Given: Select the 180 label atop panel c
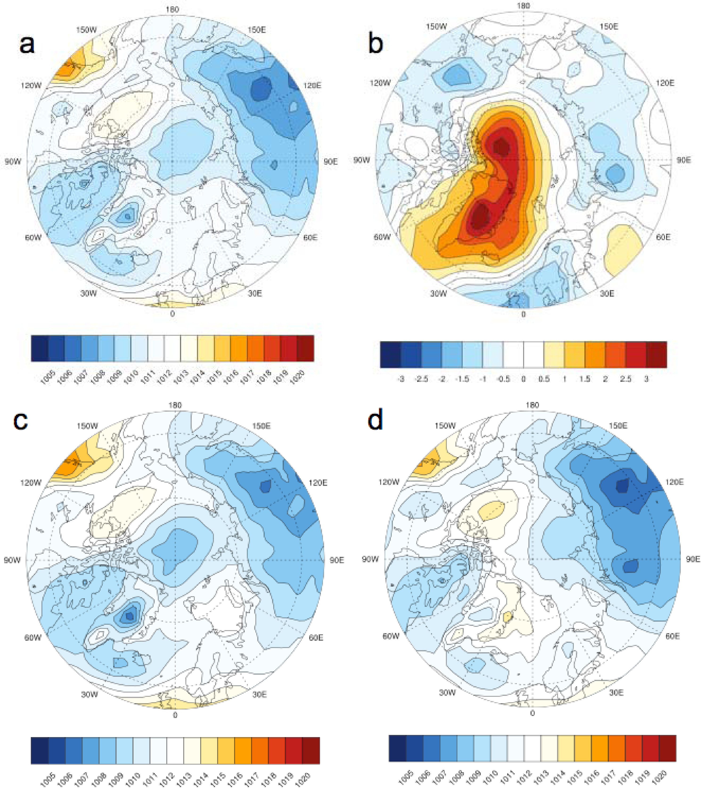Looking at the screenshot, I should click(175, 405).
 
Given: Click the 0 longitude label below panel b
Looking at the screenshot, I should click(523, 314).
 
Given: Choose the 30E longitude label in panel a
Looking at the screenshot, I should click(255, 293).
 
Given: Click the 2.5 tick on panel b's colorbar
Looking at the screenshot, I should click(625, 379).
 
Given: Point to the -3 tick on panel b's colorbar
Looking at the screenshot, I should click(401, 379).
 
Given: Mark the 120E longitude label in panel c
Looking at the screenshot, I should click(318, 483).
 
